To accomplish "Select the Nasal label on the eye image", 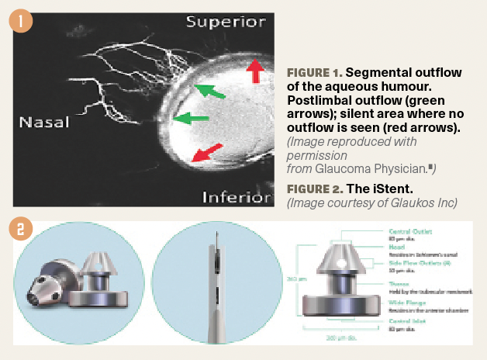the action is click(x=44, y=122).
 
